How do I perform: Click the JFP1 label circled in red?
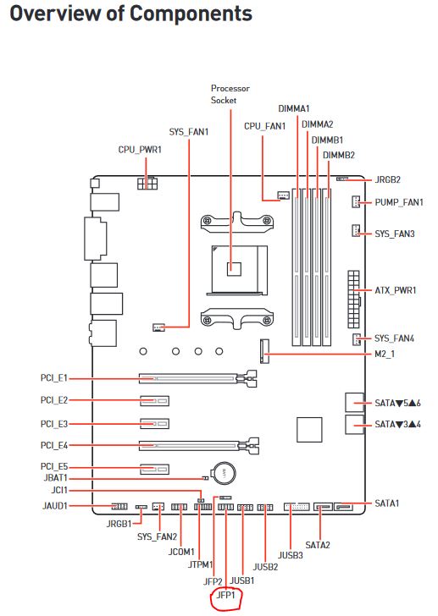225,597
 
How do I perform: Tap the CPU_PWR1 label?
140,149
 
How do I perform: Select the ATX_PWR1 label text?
396,290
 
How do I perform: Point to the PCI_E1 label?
53,379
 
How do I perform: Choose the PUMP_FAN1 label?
399,202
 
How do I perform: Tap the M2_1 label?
384,354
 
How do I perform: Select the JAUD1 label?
53,506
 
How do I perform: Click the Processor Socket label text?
229,94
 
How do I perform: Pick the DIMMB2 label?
339,155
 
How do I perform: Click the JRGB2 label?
387,179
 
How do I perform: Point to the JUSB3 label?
291,556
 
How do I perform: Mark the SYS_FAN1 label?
189,132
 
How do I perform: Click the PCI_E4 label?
53,443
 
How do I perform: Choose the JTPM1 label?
199,564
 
